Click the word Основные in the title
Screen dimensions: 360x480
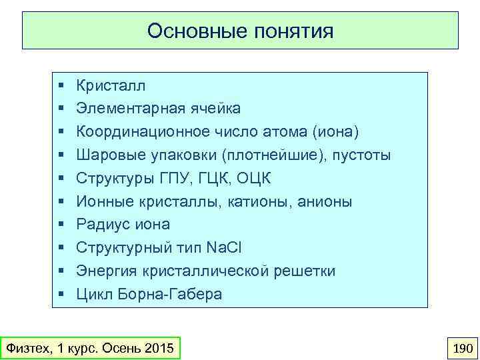(192, 31)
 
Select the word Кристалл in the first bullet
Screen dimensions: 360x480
(111, 85)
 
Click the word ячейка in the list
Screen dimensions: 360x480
(216, 109)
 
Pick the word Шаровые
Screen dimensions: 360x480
(106, 155)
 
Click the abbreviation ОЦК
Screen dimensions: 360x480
(255, 178)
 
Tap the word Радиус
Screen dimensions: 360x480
(100, 224)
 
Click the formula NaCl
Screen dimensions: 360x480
(224, 247)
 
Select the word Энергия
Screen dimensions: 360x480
(105, 271)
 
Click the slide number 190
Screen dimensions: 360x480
(462, 348)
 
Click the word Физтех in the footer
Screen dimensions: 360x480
(26, 348)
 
